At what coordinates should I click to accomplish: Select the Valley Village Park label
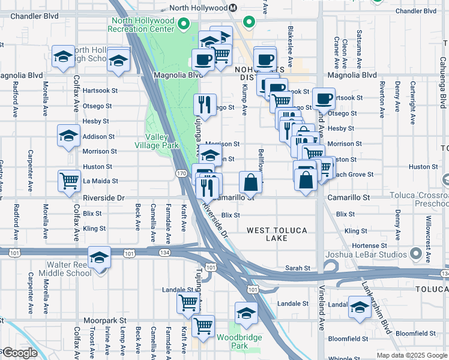tap(161, 142)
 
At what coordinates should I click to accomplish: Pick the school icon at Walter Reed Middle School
tap(100, 258)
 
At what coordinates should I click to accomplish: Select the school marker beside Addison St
tap(69, 136)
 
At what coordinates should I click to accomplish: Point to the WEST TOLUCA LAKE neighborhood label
tap(277, 234)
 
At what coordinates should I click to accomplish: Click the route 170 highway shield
tap(181, 173)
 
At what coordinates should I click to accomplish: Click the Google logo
tap(20, 353)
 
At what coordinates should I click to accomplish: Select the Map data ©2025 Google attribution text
tap(412, 355)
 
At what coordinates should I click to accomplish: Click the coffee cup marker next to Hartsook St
tap(324, 98)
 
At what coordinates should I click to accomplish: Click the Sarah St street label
tap(297, 268)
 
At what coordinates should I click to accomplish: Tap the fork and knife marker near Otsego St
tap(205, 105)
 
